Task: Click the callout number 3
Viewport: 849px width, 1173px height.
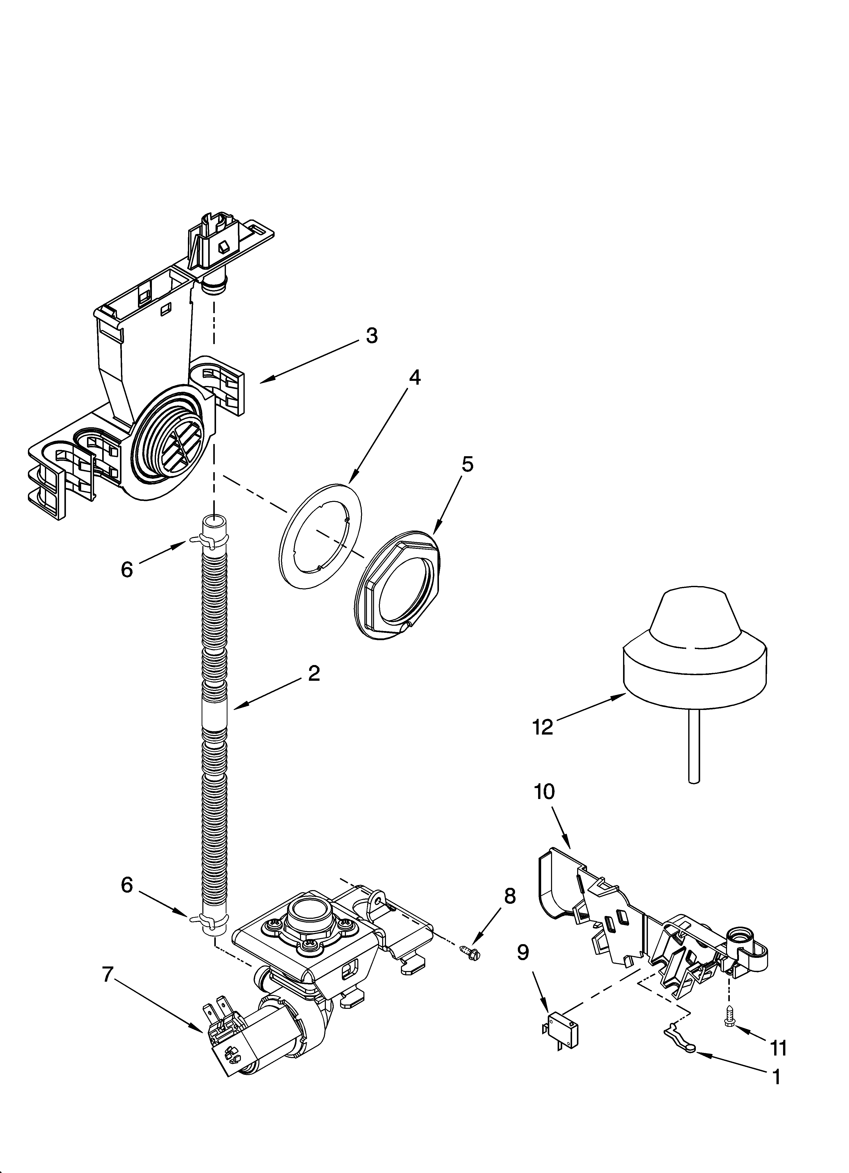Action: tap(372, 336)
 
